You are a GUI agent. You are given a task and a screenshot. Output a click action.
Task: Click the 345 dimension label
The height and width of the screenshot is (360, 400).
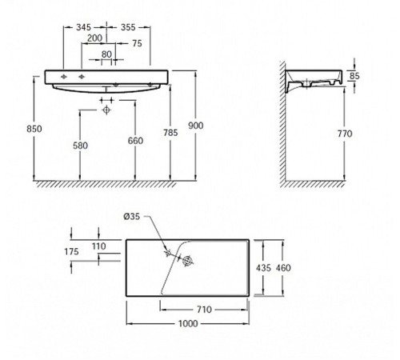(83, 27)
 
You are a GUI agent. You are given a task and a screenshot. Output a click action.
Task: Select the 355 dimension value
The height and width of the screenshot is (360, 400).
(128, 27)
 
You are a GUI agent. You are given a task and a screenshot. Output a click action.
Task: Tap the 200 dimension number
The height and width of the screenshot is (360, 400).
(94, 38)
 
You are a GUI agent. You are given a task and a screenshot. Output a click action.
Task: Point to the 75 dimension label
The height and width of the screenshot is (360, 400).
(137, 43)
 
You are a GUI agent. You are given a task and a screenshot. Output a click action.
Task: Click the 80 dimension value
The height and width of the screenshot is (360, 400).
(106, 54)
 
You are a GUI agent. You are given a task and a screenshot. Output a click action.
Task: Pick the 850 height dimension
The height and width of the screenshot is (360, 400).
(34, 129)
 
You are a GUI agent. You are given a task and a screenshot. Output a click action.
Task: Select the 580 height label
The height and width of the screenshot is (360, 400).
(80, 146)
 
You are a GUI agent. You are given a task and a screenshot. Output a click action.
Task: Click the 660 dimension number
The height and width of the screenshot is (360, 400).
(135, 141)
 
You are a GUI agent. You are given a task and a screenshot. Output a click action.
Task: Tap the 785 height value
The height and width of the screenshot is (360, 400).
(170, 133)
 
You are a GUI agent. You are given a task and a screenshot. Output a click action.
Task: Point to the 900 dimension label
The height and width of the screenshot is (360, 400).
(196, 126)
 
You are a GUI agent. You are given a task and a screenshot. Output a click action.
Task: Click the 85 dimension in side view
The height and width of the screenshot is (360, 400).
(354, 76)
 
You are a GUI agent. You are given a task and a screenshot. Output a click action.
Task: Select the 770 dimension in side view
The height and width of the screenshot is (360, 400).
(345, 134)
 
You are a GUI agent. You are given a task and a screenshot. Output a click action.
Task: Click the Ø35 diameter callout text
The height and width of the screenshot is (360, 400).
(131, 217)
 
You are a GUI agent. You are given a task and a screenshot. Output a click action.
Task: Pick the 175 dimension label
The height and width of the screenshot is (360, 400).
(71, 251)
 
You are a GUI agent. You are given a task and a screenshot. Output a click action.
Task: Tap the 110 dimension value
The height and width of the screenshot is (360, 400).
(99, 246)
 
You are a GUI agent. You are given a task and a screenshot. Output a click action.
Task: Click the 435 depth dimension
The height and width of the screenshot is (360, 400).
(263, 268)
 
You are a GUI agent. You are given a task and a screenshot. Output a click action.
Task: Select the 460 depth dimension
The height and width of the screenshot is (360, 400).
(283, 268)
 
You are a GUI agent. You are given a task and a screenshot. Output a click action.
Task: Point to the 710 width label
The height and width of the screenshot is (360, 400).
(204, 310)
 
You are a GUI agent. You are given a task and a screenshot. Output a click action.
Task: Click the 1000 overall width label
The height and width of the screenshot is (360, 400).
(188, 324)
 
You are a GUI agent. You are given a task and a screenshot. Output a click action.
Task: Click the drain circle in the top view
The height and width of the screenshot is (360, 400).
(188, 261)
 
